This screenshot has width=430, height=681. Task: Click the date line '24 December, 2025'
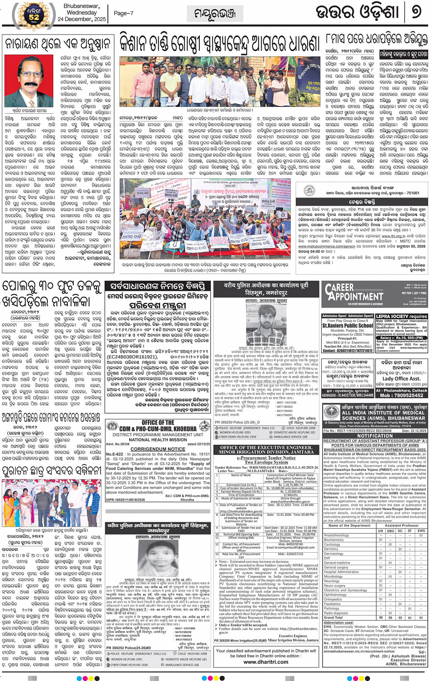[x=81, y=19]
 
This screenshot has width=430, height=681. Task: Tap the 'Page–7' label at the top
[x=123, y=13]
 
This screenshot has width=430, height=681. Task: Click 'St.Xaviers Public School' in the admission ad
[x=348, y=326]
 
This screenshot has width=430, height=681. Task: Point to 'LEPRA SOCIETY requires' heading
[x=401, y=316]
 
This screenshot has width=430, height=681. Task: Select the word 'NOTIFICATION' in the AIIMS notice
[x=375, y=435]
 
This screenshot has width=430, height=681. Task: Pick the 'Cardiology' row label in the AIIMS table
[x=332, y=544]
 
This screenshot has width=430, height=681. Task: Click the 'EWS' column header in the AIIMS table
[x=421, y=530]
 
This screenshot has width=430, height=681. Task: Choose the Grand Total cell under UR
[x=380, y=617]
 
